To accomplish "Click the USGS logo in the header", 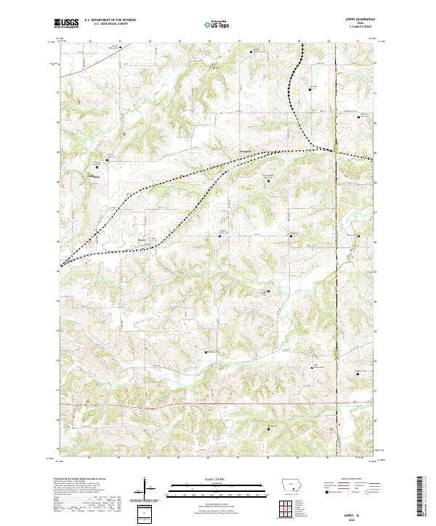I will click(67, 23).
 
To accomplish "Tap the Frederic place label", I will click(246, 151).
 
